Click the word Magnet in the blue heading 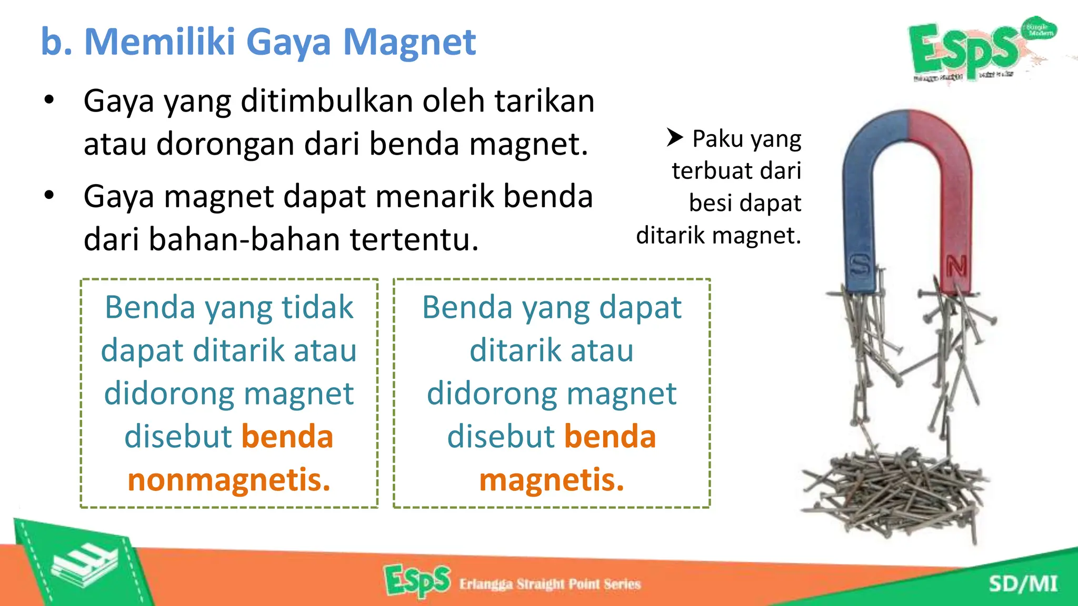pyautogui.click(x=409, y=42)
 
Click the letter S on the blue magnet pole pyautogui.click(x=860, y=265)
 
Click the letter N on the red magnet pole pyautogui.click(x=956, y=266)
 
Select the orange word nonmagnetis pyautogui.click(x=229, y=480)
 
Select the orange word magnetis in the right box pyautogui.click(x=551, y=480)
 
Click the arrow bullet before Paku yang pyautogui.click(x=674, y=137)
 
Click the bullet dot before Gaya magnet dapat pyautogui.click(x=49, y=196)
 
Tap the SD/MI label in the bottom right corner pyautogui.click(x=1022, y=584)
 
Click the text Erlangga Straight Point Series pyautogui.click(x=550, y=584)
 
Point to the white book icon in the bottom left pyautogui.click(x=84, y=565)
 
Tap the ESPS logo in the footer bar pyautogui.click(x=417, y=580)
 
